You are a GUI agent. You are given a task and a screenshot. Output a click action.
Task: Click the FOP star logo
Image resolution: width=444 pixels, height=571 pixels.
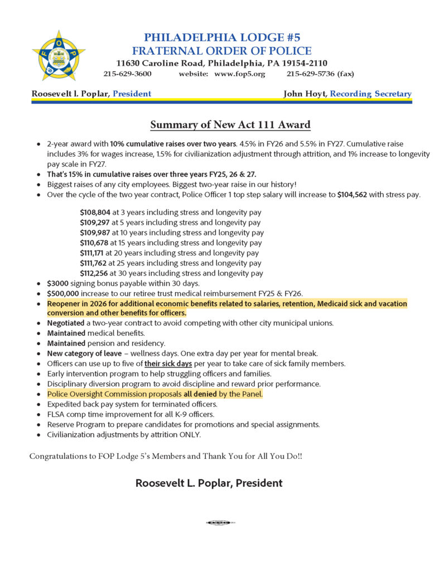pos(59,55)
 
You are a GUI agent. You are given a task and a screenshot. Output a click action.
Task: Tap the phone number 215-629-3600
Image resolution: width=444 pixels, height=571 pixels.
pos(127,74)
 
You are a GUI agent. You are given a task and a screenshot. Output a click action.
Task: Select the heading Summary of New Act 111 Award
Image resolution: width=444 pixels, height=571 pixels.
pos(230,124)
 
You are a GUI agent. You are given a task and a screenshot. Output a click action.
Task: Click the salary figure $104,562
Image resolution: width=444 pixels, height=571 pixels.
pos(356,195)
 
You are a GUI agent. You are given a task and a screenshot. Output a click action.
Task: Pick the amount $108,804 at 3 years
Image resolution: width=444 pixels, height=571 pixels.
pos(95,212)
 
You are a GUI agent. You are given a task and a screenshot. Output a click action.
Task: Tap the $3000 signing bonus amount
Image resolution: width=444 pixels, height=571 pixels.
pos(57,283)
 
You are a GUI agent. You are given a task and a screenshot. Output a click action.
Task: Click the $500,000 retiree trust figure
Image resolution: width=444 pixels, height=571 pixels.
pos(63,293)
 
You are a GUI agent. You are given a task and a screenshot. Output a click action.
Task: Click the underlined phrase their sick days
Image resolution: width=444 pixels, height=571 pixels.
pos(168,364)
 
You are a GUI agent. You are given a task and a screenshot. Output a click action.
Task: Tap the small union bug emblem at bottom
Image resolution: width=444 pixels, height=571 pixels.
pos(221,522)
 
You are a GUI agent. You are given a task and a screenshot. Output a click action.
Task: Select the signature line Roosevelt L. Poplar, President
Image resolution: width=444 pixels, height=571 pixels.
pos(209,483)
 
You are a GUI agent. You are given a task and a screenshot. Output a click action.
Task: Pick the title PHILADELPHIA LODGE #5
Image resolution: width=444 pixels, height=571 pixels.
pos(222,37)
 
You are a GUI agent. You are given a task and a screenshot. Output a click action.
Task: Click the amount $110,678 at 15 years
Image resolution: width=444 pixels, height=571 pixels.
pos(95,243)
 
